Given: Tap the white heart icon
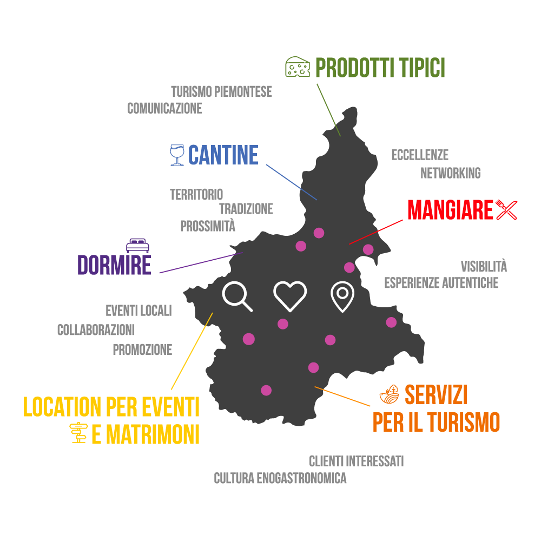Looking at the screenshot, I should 290,296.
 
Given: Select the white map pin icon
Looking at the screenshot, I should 342,296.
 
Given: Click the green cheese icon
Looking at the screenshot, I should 298,67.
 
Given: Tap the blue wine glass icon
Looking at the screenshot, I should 177,155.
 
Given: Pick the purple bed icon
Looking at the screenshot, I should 137,245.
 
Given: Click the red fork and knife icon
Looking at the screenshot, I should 506,210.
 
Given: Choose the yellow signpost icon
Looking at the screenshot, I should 79,433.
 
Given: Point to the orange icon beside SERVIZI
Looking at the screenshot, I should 389,394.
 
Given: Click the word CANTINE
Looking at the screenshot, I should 223,155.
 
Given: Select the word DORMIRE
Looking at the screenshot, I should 114,266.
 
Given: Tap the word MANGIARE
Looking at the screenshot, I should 450,210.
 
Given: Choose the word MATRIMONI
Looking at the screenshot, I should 153,434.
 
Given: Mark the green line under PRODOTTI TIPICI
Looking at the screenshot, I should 328,110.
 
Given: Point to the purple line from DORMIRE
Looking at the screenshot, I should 201,262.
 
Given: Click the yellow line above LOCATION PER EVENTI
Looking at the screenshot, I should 192,351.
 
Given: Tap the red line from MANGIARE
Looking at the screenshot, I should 376,232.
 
